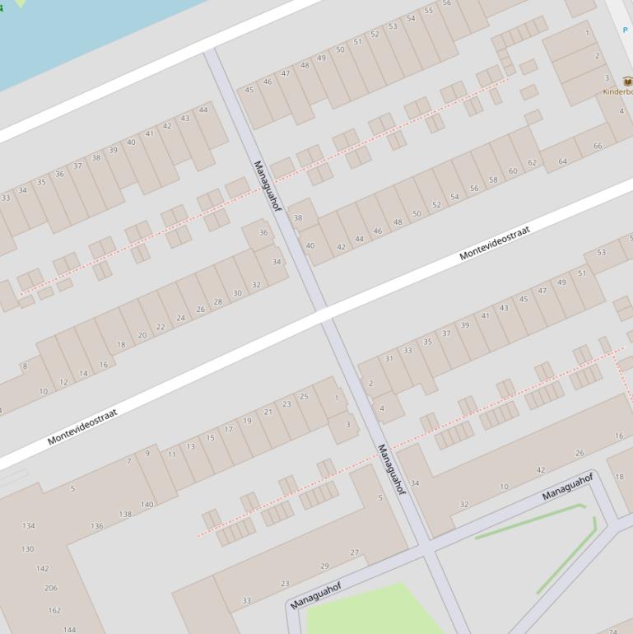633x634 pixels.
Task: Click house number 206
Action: click(x=51, y=588)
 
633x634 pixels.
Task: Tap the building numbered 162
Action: click(x=54, y=610)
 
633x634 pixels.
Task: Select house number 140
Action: click(x=147, y=505)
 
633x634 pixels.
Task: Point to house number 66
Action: click(x=598, y=146)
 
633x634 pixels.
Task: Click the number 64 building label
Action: click(x=563, y=161)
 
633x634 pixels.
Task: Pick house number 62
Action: click(x=532, y=163)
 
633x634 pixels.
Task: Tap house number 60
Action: click(x=513, y=171)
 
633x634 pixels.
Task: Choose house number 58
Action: click(x=493, y=179)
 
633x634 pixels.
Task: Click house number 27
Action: click(x=355, y=552)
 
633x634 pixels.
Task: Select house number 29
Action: click(x=324, y=566)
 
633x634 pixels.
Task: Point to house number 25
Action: click(x=304, y=396)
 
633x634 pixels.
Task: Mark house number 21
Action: click(x=268, y=412)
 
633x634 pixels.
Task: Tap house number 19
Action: click(x=247, y=421)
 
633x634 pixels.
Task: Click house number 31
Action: click(x=389, y=358)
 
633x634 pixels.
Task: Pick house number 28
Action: click(x=218, y=301)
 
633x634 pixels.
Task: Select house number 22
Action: click(x=161, y=326)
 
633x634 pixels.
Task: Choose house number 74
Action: click(x=612, y=632)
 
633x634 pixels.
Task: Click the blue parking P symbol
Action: click(x=626, y=30)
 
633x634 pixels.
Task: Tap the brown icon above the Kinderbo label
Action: click(x=627, y=82)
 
